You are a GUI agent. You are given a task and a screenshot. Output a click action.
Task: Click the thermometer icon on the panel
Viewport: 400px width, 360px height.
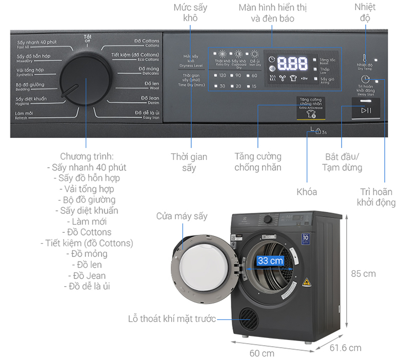tap(365, 58)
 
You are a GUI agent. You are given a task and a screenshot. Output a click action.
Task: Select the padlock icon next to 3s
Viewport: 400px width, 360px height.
tap(317, 132)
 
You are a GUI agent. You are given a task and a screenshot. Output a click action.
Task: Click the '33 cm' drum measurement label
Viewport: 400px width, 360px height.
tap(270, 261)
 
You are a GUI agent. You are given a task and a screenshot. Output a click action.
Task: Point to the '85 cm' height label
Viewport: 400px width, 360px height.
tap(363, 273)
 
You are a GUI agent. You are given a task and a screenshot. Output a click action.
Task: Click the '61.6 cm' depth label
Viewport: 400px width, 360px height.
tap(346, 348)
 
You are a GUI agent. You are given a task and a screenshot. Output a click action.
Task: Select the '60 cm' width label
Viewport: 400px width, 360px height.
tap(262, 353)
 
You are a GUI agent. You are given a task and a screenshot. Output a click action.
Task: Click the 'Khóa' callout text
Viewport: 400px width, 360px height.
tap(307, 192)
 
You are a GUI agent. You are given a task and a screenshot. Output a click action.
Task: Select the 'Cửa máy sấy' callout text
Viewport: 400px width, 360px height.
tap(182, 216)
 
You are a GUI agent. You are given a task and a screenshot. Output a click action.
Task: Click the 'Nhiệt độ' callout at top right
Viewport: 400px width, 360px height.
tap(365, 12)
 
